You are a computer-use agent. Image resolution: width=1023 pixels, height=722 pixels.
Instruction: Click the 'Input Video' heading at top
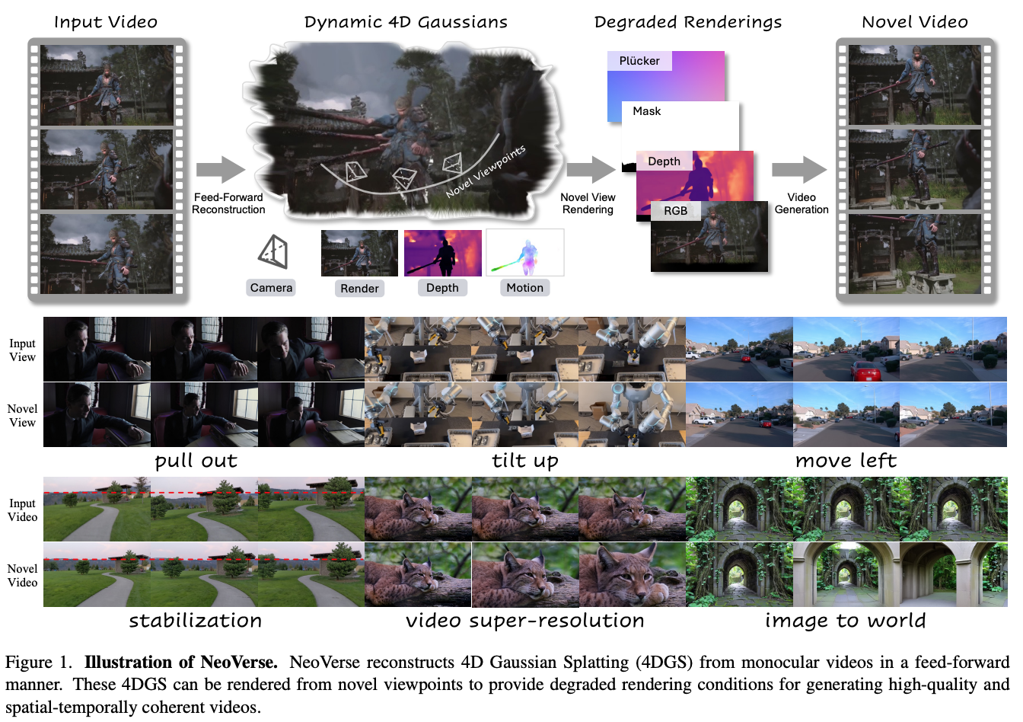point(106,22)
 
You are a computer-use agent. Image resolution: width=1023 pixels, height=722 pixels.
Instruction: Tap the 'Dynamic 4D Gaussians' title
point(406,22)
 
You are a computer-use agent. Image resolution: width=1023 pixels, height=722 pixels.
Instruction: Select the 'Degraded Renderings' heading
point(688,22)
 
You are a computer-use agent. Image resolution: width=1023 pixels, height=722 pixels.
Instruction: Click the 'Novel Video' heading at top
point(915,22)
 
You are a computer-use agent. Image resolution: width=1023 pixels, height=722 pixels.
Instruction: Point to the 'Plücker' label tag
point(639,61)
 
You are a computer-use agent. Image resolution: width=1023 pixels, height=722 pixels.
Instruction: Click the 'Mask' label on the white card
point(647,111)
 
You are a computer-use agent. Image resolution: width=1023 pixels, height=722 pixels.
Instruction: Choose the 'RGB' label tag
point(675,211)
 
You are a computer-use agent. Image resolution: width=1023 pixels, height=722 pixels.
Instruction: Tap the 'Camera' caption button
point(271,288)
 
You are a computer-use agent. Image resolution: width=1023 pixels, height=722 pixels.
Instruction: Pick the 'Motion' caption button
point(524,288)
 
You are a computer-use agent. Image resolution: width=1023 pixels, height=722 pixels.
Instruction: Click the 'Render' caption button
point(359,289)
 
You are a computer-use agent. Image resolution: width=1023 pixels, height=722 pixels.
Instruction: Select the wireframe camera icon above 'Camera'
point(273,251)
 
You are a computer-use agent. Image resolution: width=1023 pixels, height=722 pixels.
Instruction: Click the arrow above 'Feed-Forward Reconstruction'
point(221,170)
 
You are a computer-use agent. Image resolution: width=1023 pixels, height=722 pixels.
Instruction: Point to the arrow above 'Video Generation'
point(798,170)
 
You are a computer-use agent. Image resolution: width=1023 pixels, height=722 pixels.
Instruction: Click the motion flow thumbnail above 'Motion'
point(525,253)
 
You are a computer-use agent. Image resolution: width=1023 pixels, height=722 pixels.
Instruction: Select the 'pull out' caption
point(196,461)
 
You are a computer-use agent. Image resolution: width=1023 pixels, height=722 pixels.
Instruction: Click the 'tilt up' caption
point(525,461)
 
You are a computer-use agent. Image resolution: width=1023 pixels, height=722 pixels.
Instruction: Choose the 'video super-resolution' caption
point(525,621)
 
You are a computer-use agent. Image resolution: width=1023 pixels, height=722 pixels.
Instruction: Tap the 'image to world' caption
point(846,621)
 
